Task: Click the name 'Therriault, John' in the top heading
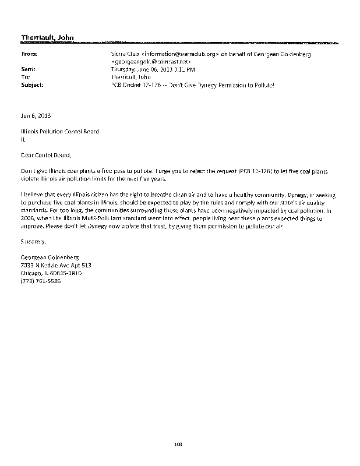click(x=47, y=38)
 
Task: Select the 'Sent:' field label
click(x=28, y=69)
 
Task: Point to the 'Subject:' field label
click(x=31, y=84)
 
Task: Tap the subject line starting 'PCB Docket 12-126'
click(x=192, y=84)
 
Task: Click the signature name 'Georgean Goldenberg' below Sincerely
click(x=49, y=257)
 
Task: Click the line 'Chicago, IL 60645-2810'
click(x=51, y=272)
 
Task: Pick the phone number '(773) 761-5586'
click(x=40, y=280)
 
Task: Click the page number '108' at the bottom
click(x=179, y=446)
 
